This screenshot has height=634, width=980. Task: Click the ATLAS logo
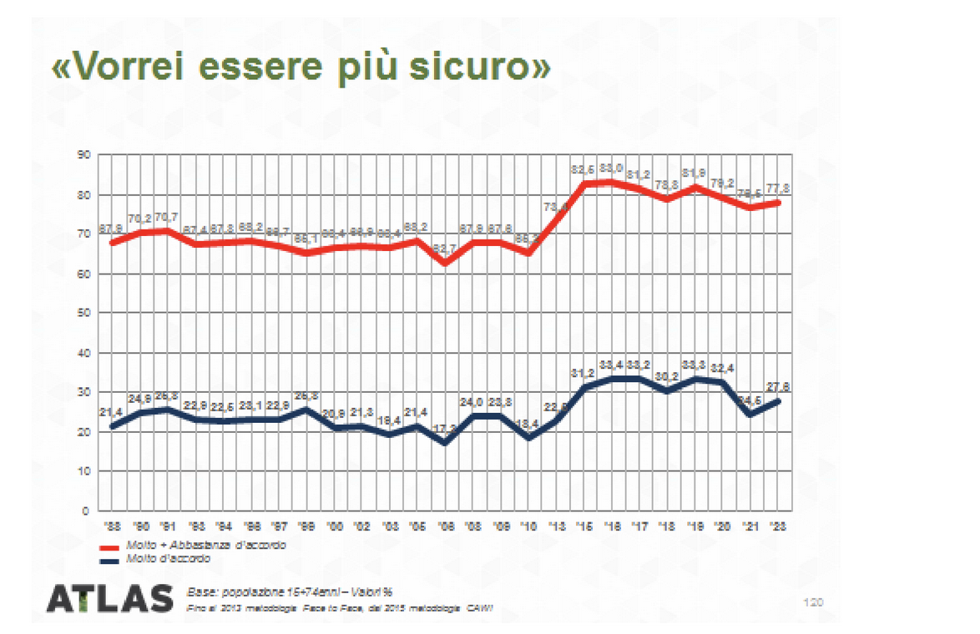pyautogui.click(x=109, y=598)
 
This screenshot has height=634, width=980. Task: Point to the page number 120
pyautogui.click(x=812, y=601)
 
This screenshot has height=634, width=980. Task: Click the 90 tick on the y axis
pyautogui.click(x=84, y=155)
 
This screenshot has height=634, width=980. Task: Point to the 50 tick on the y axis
pyautogui.click(x=84, y=313)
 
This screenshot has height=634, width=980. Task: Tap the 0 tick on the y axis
pyautogui.click(x=87, y=511)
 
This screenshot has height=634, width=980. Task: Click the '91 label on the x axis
pyautogui.click(x=169, y=527)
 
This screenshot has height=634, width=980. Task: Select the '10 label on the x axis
pyautogui.click(x=528, y=527)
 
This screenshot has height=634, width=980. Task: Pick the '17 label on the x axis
pyautogui.click(x=640, y=527)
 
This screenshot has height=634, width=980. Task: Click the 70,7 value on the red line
pyautogui.click(x=168, y=218)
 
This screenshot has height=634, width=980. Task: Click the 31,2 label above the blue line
pyautogui.click(x=583, y=372)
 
